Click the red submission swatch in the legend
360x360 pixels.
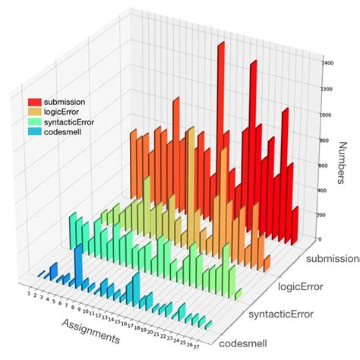click(x=35, y=101)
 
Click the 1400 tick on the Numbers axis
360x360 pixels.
click(x=327, y=63)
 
